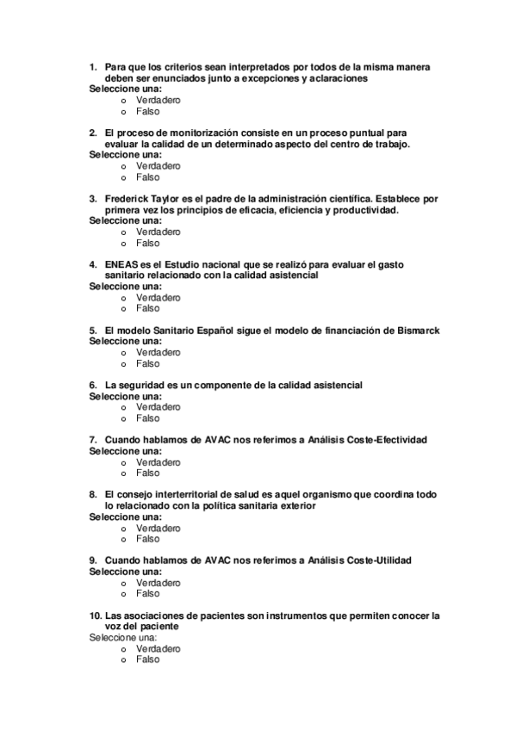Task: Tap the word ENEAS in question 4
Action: pyautogui.click(x=121, y=264)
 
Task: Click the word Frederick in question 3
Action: pyautogui.click(x=126, y=198)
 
